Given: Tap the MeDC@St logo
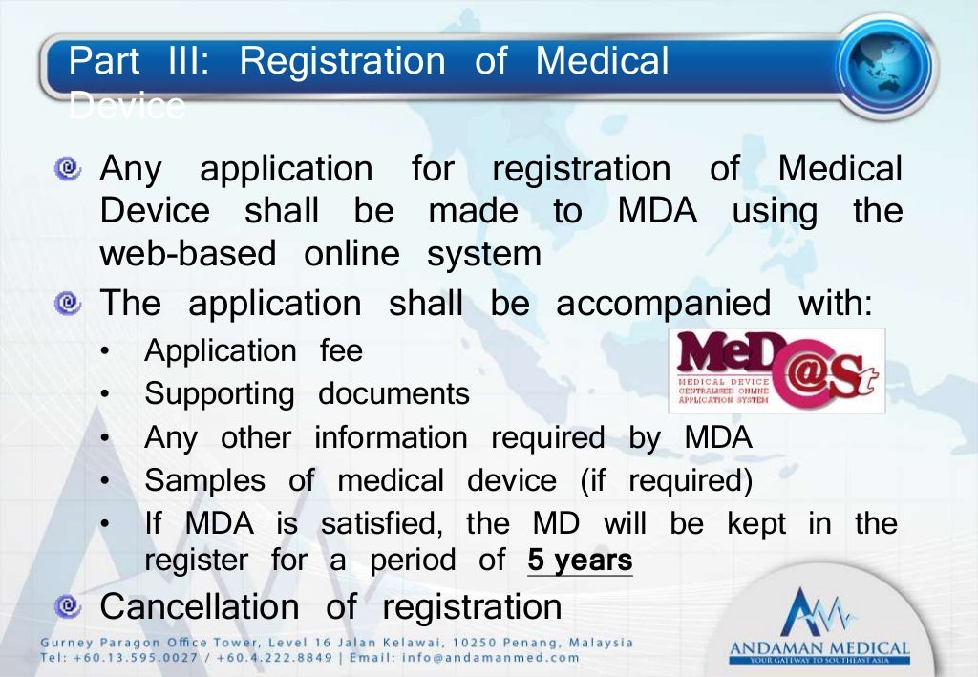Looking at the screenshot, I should pos(776,370).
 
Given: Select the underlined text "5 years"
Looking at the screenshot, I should pos(580,561).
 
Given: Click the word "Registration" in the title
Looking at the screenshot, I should pos(342,61).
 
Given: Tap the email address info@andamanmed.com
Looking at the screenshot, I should pos(511,657).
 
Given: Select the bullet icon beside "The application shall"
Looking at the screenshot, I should pos(67,305).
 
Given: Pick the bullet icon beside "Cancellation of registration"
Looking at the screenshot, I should pos(67,606).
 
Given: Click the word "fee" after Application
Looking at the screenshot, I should pos(341,350).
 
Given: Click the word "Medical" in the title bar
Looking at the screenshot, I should pos(602,61).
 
